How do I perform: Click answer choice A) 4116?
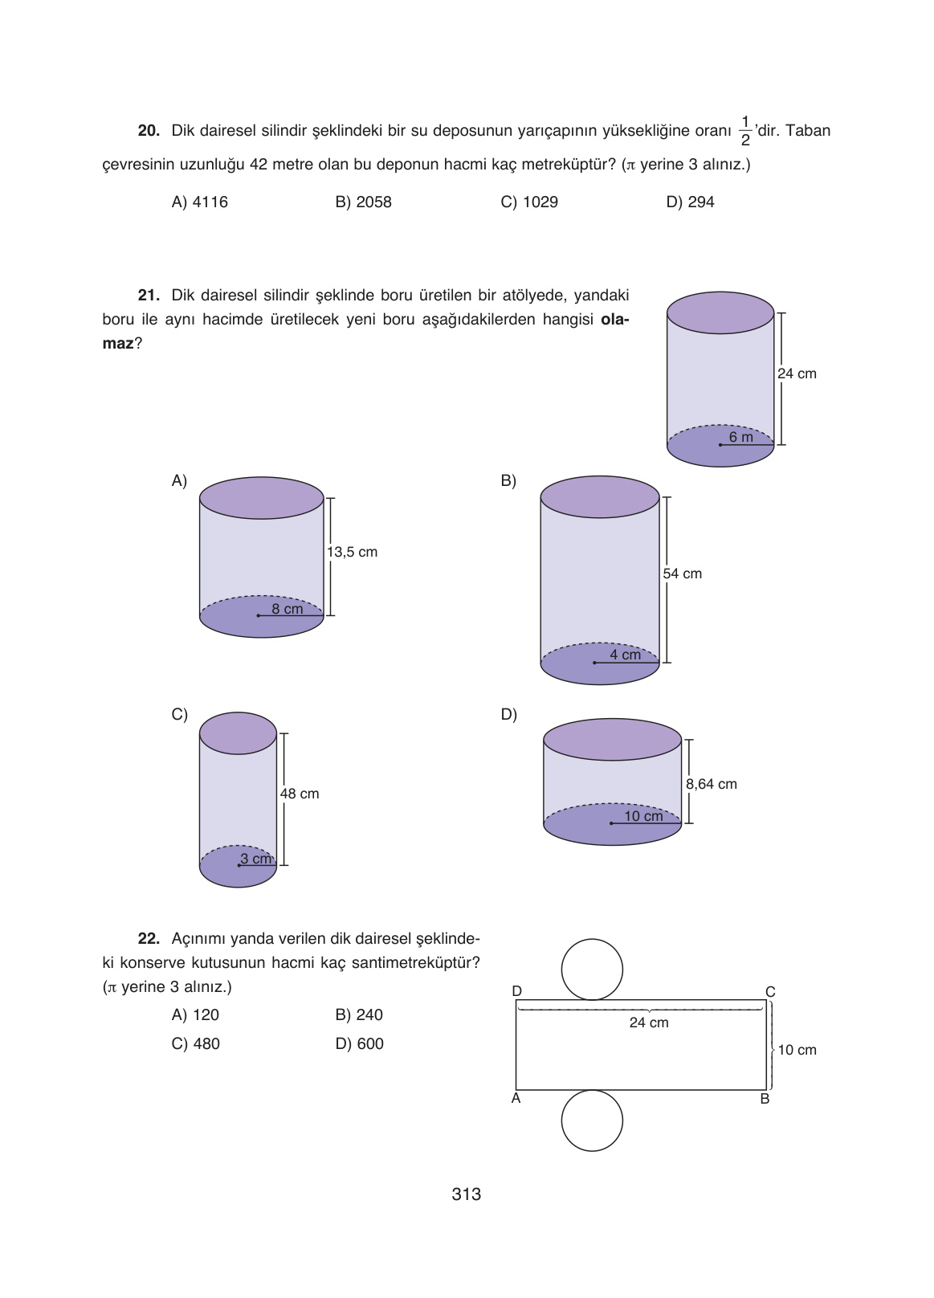click(x=199, y=202)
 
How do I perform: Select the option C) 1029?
click(x=528, y=202)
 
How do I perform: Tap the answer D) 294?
click(x=690, y=202)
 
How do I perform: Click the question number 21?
click(x=149, y=296)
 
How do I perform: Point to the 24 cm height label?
click(x=797, y=373)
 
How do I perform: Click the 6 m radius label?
click(x=740, y=438)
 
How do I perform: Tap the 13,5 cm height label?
click(x=352, y=553)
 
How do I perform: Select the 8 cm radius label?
click(x=287, y=609)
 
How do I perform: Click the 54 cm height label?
click(x=682, y=573)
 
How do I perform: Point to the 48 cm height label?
click(x=300, y=794)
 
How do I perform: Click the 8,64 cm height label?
click(x=711, y=784)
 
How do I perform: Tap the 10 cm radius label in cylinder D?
click(x=643, y=816)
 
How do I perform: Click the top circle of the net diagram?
click(x=592, y=969)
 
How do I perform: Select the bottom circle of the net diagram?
click(x=592, y=1120)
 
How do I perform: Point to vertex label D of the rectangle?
click(x=517, y=991)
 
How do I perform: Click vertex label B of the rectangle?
click(x=765, y=1099)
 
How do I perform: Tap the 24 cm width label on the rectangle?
click(x=649, y=1022)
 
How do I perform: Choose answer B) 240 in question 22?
click(x=359, y=1015)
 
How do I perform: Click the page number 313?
click(x=467, y=1194)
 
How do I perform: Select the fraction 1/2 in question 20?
click(x=745, y=131)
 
